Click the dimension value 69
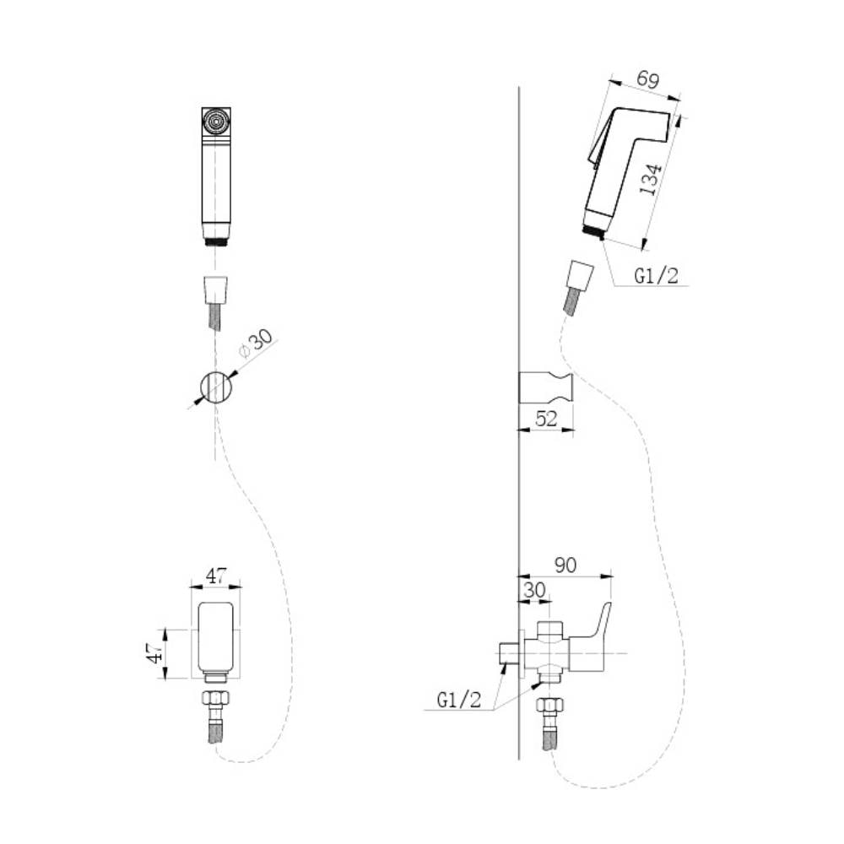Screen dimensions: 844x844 [647, 79]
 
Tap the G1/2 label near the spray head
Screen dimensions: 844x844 [656, 276]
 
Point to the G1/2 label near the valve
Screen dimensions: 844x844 [459, 700]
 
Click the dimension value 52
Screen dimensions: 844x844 [546, 419]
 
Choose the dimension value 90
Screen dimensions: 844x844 [565, 565]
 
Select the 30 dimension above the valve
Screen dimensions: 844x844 [534, 590]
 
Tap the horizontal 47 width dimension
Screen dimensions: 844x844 [216, 576]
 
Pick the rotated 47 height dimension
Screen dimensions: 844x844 [155, 653]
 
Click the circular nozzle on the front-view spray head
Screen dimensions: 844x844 [216, 122]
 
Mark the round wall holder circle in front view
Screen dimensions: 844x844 [216, 387]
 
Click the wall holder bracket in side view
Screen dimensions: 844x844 [546, 387]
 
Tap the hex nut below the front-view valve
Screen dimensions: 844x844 [216, 699]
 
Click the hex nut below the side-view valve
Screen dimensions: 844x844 [549, 705]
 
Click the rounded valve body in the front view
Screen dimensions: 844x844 [216, 636]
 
